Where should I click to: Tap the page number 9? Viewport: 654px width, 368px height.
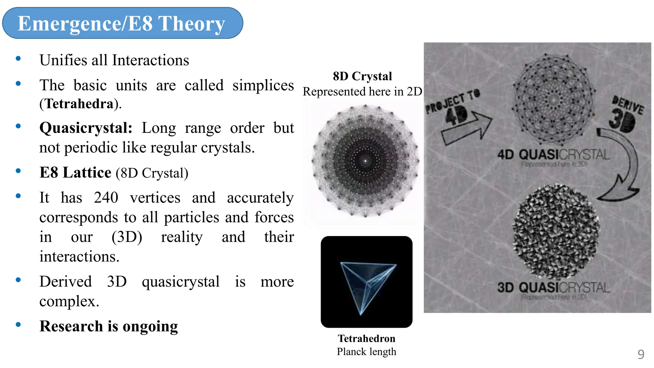pyautogui.click(x=641, y=354)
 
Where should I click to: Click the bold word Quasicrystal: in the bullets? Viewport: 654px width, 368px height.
pyautogui.click(x=86, y=128)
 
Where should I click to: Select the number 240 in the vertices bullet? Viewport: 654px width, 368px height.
pyautogui.click(x=106, y=198)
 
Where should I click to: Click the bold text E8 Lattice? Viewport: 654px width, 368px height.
pyautogui.click(x=75, y=173)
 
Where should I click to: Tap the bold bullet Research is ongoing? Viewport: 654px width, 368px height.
pyautogui.click(x=109, y=326)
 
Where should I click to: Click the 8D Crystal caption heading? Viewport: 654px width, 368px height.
pyautogui.click(x=362, y=76)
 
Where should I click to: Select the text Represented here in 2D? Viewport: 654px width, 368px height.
pyautogui.click(x=362, y=92)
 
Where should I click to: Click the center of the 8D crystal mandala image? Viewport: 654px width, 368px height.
pyautogui.click(x=365, y=161)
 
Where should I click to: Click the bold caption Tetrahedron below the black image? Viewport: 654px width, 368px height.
pyautogui.click(x=366, y=339)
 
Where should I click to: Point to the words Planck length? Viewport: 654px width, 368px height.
pyautogui.click(x=366, y=352)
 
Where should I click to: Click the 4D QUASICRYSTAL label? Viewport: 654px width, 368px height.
pyautogui.click(x=553, y=155)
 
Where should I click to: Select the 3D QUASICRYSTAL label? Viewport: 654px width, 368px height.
pyautogui.click(x=553, y=287)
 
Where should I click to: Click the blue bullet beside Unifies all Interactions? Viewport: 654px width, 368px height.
pyautogui.click(x=18, y=58)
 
